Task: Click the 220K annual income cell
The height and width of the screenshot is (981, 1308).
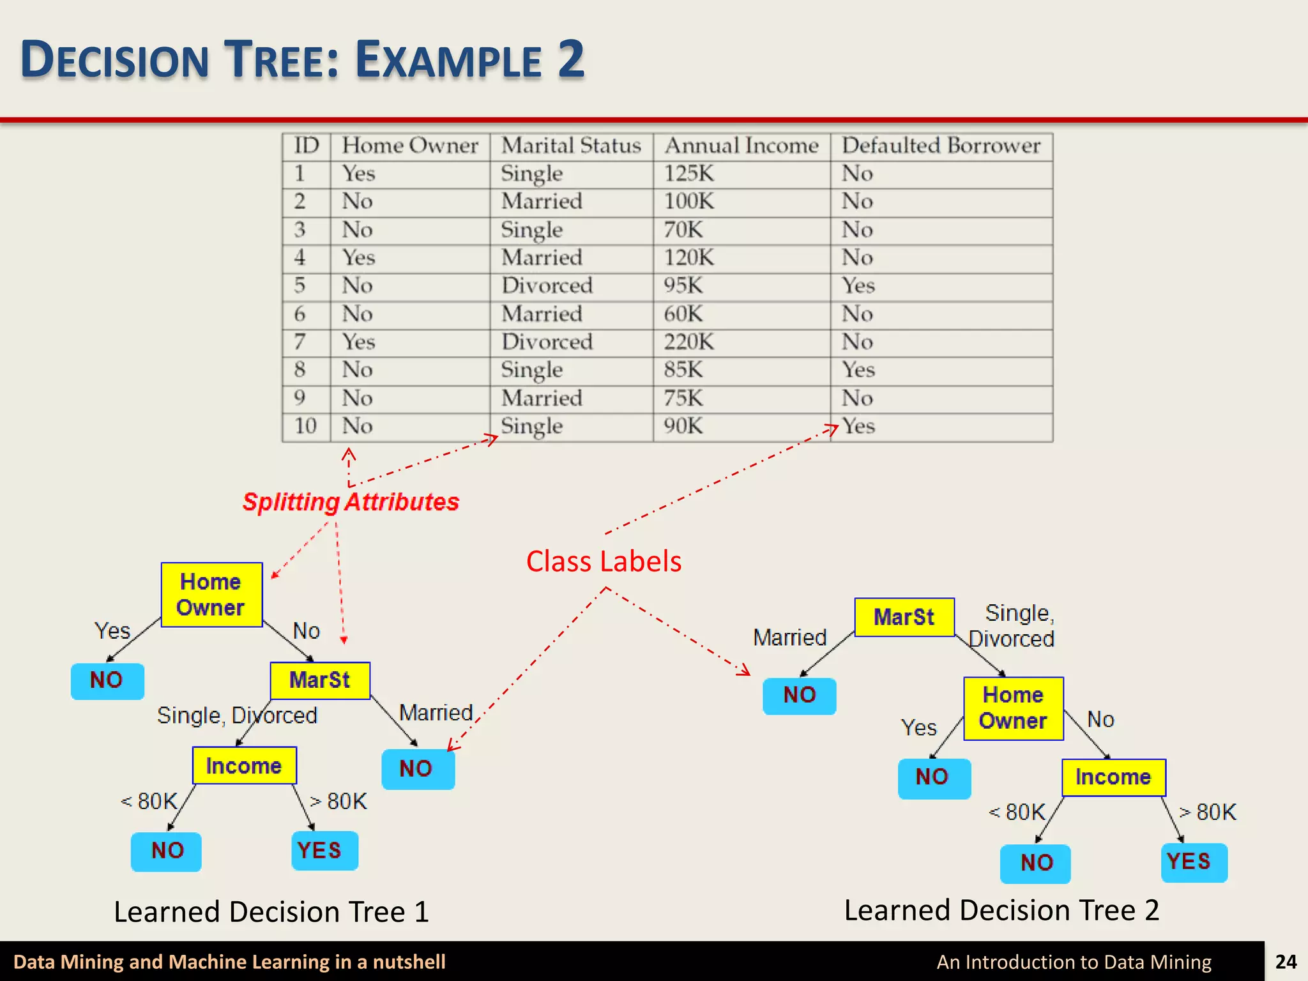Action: (x=688, y=342)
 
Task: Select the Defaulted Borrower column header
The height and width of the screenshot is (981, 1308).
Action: (x=941, y=146)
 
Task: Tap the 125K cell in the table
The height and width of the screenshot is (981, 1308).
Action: (x=688, y=174)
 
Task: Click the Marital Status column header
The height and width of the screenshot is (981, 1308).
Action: (x=571, y=146)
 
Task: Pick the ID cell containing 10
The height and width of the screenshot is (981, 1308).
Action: (x=305, y=426)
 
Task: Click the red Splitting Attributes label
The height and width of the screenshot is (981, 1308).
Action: (x=351, y=502)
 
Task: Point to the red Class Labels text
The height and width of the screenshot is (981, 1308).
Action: (x=604, y=561)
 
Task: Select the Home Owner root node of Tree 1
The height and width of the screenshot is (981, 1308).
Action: (x=211, y=595)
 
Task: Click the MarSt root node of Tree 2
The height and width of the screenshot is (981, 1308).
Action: (x=904, y=617)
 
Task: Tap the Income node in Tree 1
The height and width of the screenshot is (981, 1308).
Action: (x=244, y=765)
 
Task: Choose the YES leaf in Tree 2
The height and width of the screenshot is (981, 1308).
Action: (x=1189, y=862)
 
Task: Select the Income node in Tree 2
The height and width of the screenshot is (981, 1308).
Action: (x=1113, y=777)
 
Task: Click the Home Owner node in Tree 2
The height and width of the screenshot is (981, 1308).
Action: (x=1013, y=708)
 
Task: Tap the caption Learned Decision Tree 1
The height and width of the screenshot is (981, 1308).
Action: (x=271, y=911)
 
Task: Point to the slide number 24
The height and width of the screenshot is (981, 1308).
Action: (x=1286, y=962)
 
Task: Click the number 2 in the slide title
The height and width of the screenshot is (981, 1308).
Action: (x=571, y=59)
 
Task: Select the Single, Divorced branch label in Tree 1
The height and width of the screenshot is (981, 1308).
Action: (x=237, y=715)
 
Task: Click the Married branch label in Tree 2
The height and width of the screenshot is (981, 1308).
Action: (x=790, y=637)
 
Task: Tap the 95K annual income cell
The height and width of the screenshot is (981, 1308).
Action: (x=683, y=285)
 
